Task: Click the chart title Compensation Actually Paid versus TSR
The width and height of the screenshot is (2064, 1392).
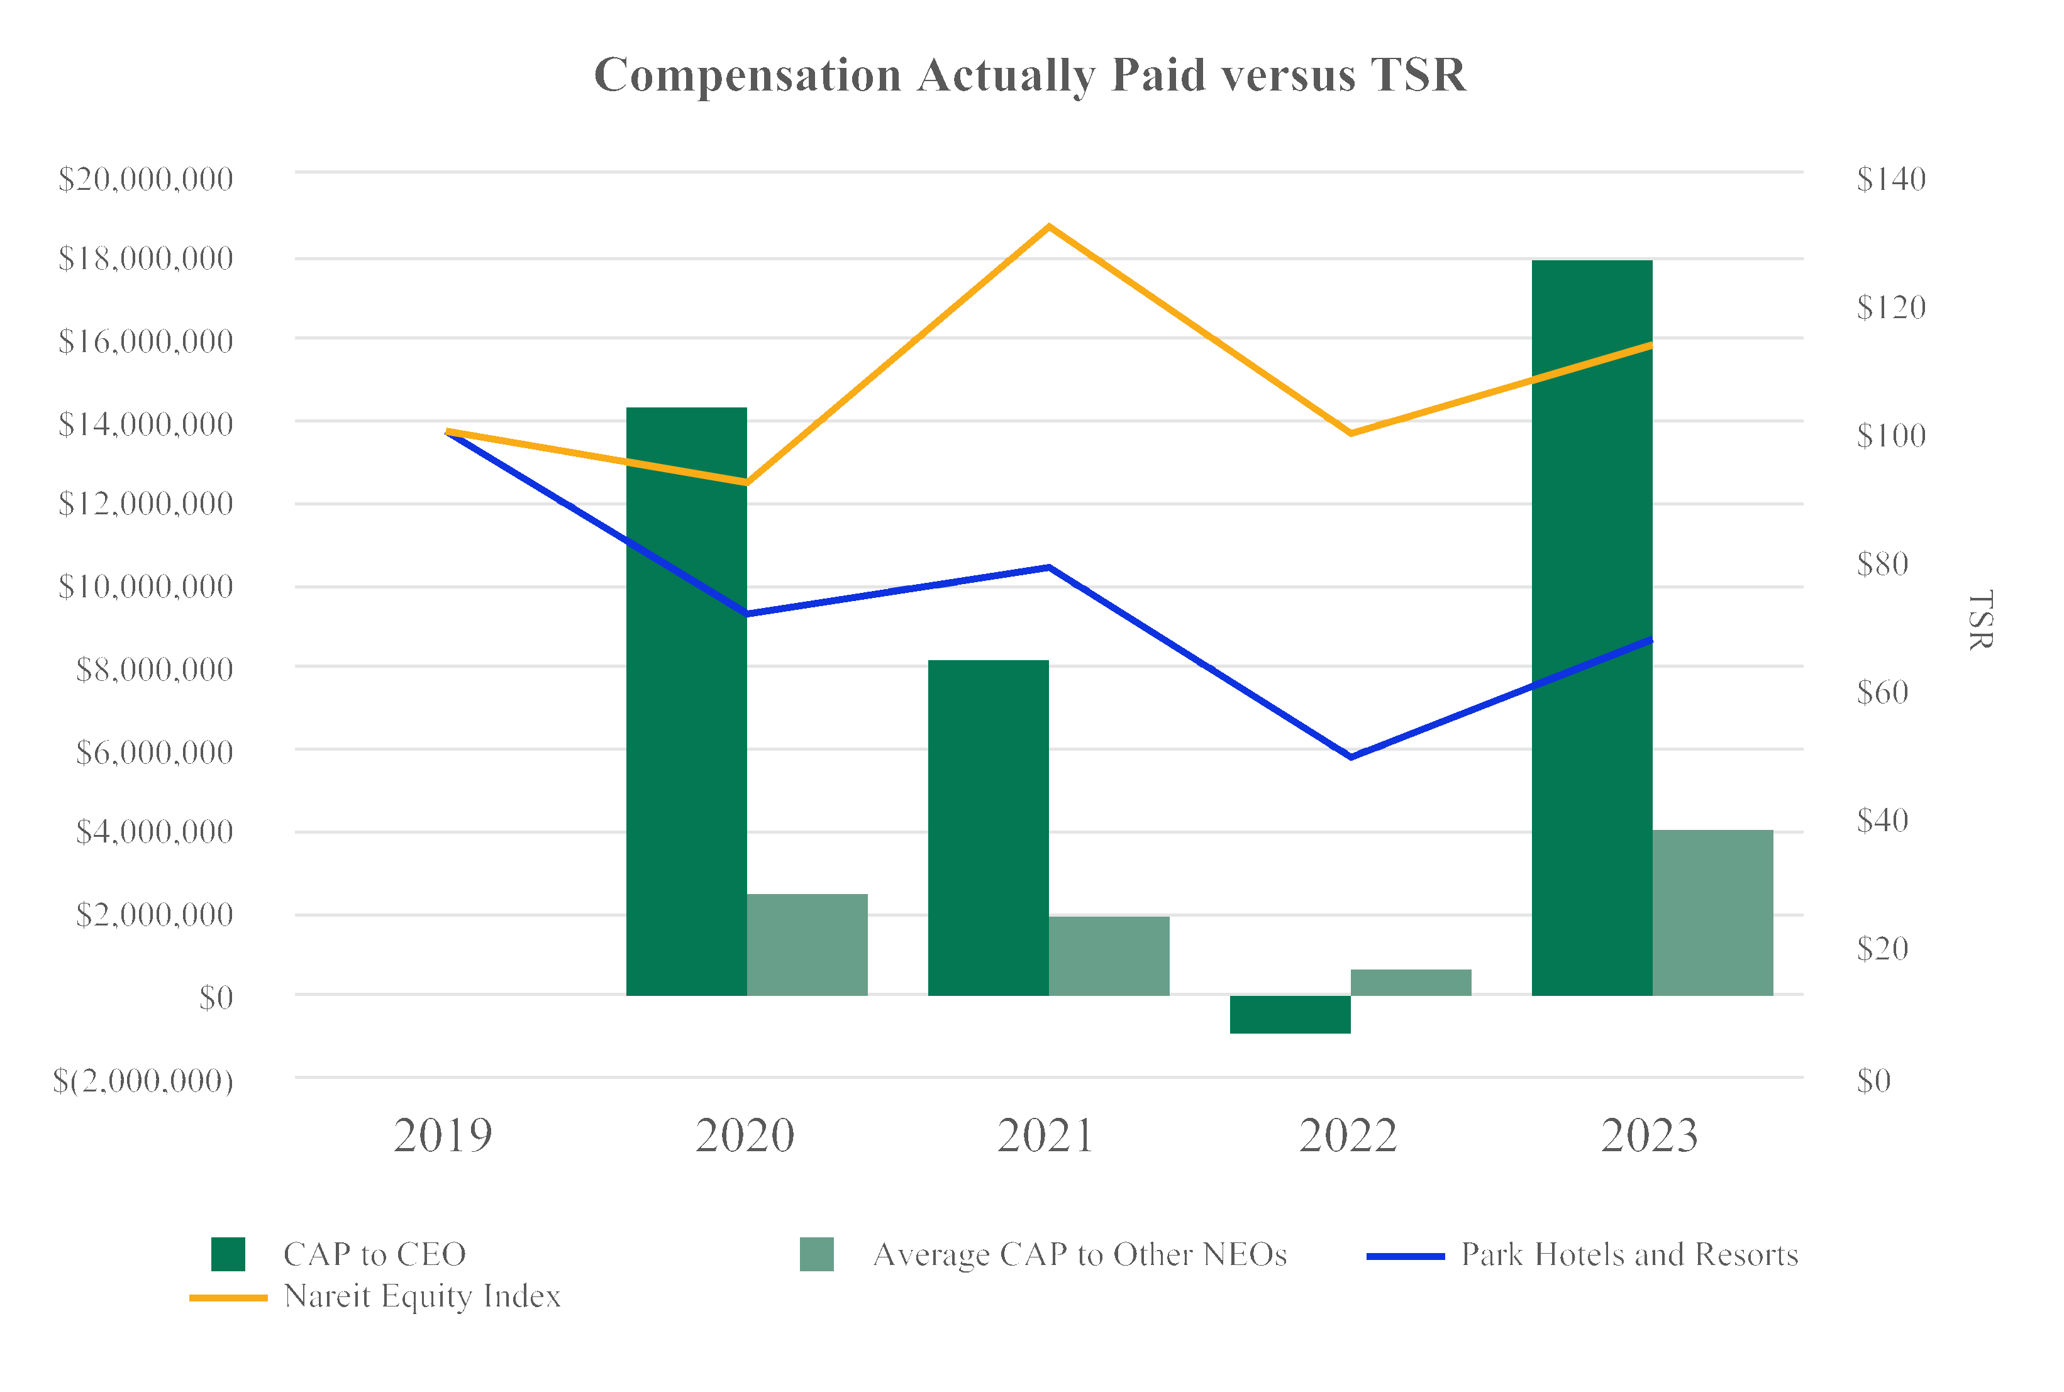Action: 1029,75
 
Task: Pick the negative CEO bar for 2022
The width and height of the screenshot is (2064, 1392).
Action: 1290,1014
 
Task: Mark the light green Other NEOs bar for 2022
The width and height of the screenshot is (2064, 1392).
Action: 1411,982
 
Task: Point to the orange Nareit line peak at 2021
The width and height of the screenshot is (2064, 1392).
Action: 1050,227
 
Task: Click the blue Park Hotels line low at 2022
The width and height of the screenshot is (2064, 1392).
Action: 1351,756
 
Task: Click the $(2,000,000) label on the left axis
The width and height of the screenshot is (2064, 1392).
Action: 143,1080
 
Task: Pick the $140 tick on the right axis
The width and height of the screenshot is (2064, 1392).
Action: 1891,179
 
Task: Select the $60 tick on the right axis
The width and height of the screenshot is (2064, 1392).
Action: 1882,692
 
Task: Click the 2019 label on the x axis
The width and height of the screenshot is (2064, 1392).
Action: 442,1135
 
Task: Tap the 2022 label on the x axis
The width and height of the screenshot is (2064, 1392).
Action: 1348,1135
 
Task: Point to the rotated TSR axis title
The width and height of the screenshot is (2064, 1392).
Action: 1980,620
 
